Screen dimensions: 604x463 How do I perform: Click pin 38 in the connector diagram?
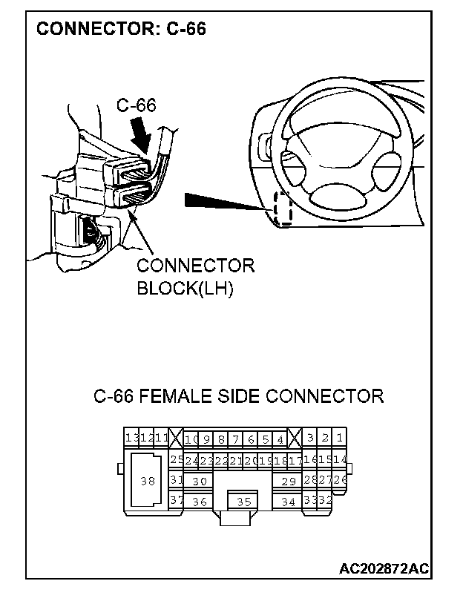coord(147,480)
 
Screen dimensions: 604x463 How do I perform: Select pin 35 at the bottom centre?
coord(243,502)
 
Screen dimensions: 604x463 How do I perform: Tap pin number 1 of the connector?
coord(338,438)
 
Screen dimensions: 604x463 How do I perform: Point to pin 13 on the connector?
coord(130,438)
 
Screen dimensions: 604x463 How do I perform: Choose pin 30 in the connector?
coord(199,481)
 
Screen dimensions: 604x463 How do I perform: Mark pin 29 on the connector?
coord(289,481)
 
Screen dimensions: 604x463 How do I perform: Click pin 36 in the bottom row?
coord(199,502)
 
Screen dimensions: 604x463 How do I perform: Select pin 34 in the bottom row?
coord(289,502)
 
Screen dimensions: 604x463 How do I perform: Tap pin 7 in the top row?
coord(235,439)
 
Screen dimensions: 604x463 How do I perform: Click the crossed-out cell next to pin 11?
coord(176,438)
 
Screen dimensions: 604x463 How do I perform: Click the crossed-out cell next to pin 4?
coord(295,438)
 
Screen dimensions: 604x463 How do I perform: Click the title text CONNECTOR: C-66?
coord(121,29)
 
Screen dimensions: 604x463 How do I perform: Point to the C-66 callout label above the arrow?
coord(137,105)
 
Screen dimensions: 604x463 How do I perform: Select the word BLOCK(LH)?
coord(185,289)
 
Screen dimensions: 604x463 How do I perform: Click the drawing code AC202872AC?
coord(384,568)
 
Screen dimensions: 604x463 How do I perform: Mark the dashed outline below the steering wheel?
coord(282,210)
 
